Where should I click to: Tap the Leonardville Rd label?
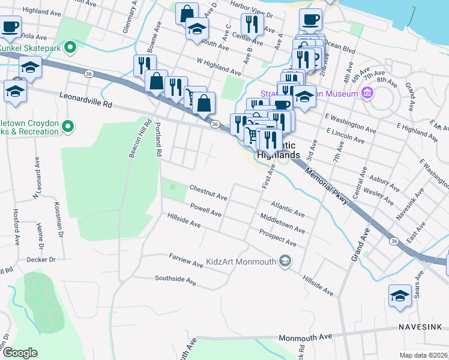point(85,100)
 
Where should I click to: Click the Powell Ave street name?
point(206,210)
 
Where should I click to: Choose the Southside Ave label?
point(175,280)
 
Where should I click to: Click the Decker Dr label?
point(41,260)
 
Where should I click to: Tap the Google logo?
point(20,352)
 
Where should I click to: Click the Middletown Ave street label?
point(282,221)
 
